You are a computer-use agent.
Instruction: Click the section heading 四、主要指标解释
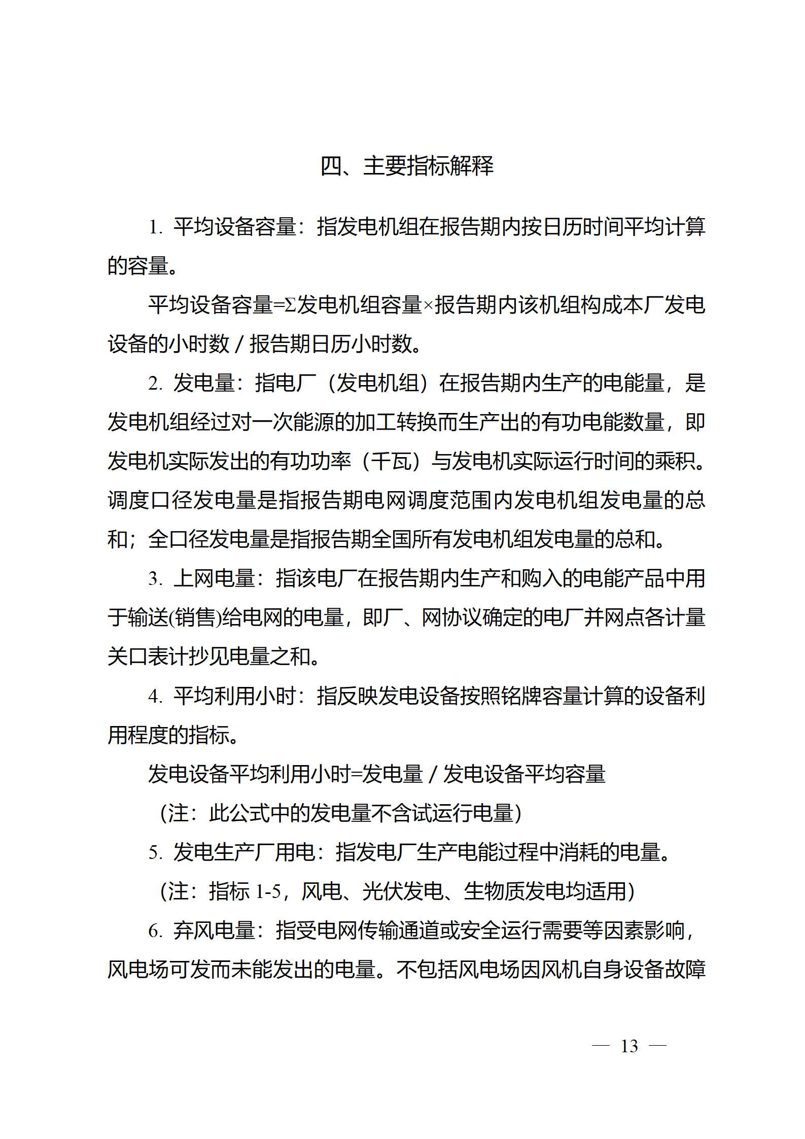407,166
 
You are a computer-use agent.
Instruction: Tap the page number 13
629,1046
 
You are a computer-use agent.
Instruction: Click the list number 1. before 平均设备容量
155,227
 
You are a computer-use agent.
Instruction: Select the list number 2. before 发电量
155,383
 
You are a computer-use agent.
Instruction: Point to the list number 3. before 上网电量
155,578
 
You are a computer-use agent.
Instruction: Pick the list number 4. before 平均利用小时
155,696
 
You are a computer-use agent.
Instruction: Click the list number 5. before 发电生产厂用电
155,852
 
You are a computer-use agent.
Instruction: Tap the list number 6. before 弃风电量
155,930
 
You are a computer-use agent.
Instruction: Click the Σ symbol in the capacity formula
290,305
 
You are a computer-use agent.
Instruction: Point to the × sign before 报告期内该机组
428,305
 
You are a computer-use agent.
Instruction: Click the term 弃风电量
214,930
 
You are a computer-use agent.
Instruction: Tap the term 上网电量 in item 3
214,578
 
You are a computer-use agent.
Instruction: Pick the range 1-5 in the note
268,891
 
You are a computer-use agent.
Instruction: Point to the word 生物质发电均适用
545,891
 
